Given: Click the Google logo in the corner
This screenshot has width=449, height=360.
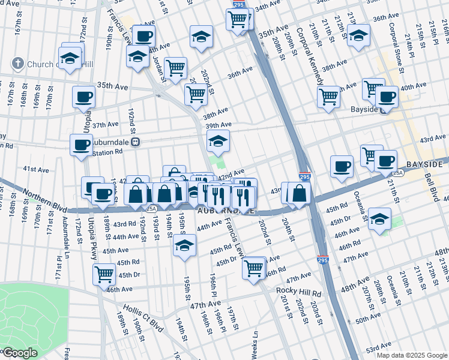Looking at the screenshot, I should pyautogui.click(x=20, y=353).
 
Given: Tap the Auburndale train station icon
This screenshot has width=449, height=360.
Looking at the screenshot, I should pyautogui.click(x=136, y=142).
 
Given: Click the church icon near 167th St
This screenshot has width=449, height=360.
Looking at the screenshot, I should pyautogui.click(x=17, y=64).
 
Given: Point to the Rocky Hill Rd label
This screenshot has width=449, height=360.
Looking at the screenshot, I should pyautogui.click(x=298, y=292).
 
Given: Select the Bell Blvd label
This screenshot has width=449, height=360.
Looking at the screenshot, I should pyautogui.click(x=430, y=186).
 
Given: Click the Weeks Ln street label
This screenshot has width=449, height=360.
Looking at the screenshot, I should pyautogui.click(x=255, y=346).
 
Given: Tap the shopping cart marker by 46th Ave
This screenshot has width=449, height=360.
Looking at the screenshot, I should pyautogui.click(x=104, y=274).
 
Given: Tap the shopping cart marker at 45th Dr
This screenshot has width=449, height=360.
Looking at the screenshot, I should pyautogui.click(x=254, y=268).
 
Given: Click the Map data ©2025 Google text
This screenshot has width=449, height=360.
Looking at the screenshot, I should pyautogui.click(x=412, y=355).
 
